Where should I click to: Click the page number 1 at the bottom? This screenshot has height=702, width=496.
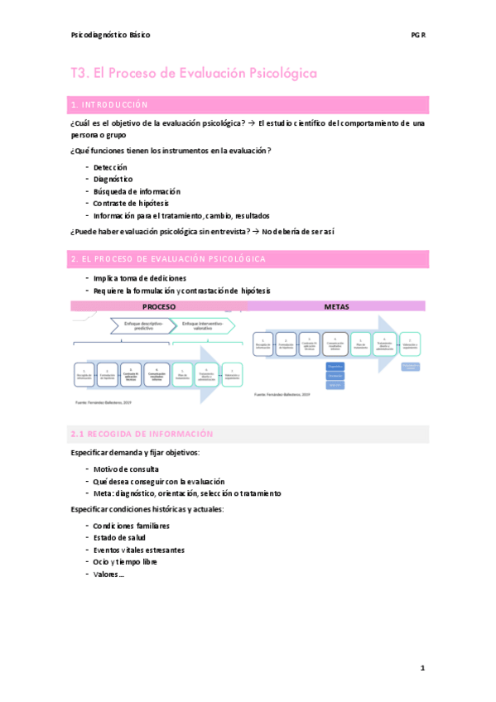[422, 667]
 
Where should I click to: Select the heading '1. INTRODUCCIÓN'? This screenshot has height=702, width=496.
[110, 105]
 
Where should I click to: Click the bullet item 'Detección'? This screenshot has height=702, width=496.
[110, 167]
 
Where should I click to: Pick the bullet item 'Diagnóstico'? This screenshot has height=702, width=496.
[113, 179]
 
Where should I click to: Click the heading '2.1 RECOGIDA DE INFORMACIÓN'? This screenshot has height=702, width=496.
[142, 434]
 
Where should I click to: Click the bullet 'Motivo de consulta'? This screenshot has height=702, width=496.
[127, 469]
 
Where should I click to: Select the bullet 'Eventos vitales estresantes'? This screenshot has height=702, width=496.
[139, 550]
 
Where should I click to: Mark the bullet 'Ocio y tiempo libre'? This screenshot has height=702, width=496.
[125, 561]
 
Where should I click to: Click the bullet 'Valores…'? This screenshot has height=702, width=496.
[108, 574]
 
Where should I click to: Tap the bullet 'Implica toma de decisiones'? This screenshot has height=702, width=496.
[140, 278]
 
